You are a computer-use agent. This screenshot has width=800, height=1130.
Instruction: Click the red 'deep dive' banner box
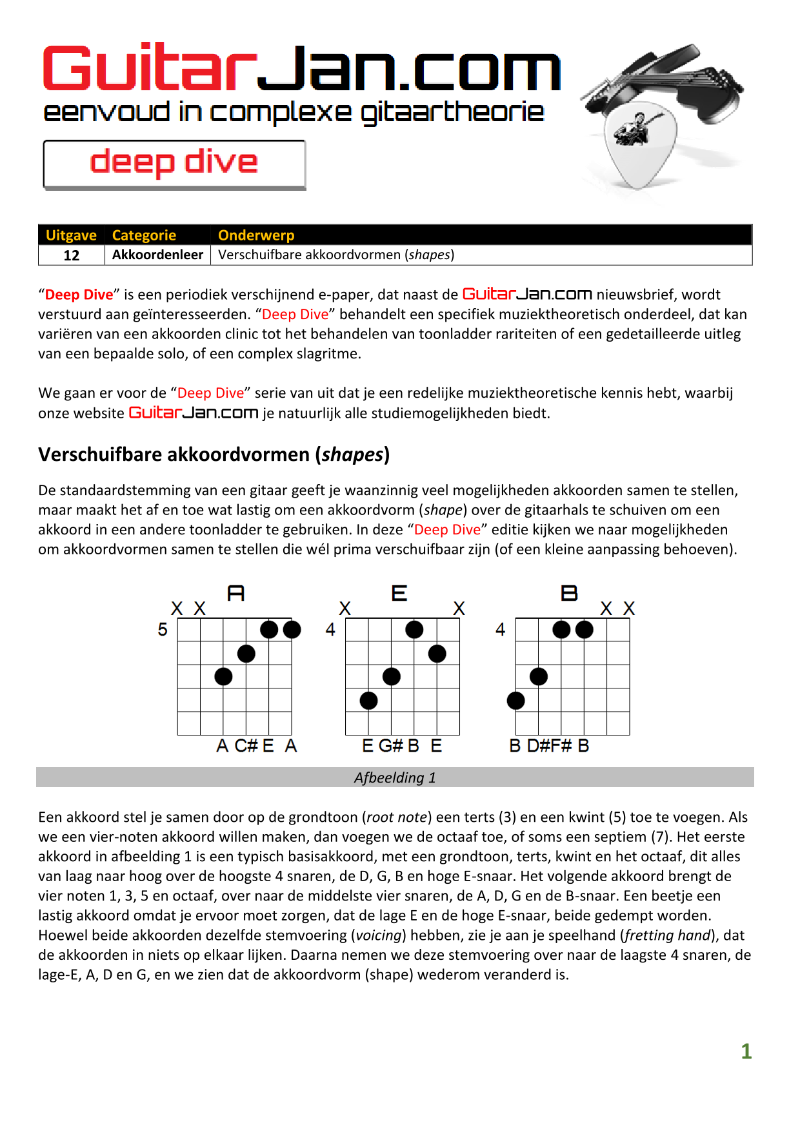[174, 164]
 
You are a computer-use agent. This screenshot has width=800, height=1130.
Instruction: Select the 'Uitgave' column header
[71, 235]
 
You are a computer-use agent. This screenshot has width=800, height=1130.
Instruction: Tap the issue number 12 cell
[72, 255]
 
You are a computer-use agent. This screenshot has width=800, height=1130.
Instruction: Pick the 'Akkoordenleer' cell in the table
[157, 255]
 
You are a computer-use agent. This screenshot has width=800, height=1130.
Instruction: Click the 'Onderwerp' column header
[256, 235]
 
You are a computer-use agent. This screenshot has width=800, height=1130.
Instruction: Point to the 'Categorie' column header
[144, 235]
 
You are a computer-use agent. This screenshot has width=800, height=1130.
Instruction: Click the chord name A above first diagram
[236, 593]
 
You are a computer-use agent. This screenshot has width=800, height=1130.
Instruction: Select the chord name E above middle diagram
[399, 593]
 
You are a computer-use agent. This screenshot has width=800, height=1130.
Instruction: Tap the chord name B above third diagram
[569, 593]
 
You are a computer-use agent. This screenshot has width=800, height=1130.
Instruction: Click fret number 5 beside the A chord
[163, 630]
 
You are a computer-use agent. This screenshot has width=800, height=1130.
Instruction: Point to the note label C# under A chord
[246, 746]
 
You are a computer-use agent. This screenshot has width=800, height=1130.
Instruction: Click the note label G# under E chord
[390, 746]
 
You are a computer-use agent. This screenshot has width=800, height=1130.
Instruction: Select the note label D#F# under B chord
[549, 746]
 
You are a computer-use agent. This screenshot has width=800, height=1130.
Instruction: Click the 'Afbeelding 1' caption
[395, 777]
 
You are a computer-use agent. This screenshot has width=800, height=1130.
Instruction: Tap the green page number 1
[746, 1051]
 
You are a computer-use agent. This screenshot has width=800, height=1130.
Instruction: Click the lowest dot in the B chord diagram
[516, 701]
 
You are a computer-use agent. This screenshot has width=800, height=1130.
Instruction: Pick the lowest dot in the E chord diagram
[368, 701]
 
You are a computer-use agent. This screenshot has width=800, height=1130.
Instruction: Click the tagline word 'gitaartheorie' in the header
[452, 113]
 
